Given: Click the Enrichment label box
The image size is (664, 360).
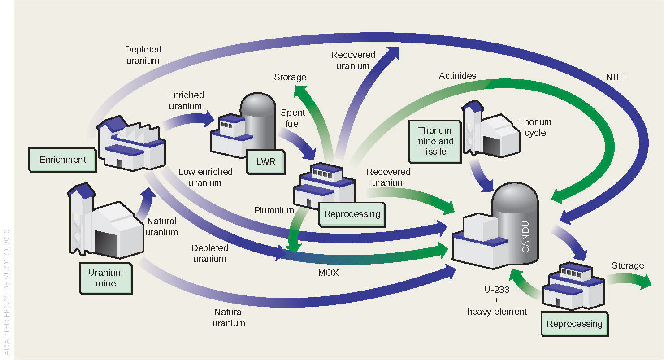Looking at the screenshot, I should [x=63, y=160].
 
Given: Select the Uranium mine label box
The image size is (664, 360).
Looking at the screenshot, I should [x=105, y=278].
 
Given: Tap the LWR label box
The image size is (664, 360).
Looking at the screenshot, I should [x=266, y=161].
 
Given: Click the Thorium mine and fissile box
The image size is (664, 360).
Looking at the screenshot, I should [x=435, y=141].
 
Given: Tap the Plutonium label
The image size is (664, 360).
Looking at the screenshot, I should [x=274, y=210].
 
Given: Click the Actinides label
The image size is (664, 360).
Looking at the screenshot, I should [x=457, y=76].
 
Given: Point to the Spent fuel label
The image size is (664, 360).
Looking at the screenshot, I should [x=292, y=118].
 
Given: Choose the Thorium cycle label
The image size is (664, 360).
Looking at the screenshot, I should [x=534, y=127].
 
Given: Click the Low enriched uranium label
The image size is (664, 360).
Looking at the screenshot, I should [x=205, y=177].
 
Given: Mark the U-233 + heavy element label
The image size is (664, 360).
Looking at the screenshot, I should [x=497, y=300].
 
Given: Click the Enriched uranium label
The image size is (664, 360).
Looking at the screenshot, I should [x=186, y=100].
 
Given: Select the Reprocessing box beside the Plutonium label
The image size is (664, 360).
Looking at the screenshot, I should [x=352, y=214].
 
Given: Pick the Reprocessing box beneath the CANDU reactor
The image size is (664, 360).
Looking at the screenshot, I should [x=574, y=324].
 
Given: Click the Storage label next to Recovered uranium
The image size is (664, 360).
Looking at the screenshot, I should [x=290, y=77].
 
